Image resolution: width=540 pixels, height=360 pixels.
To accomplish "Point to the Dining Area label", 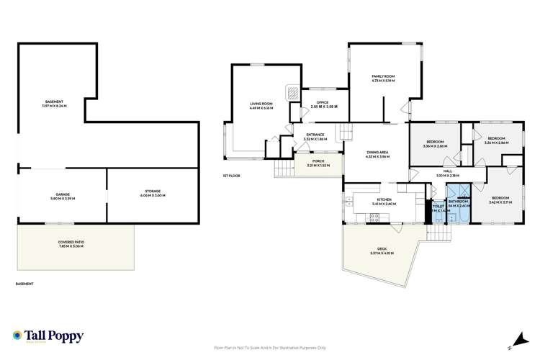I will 378,154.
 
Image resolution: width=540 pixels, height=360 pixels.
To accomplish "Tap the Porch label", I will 318,162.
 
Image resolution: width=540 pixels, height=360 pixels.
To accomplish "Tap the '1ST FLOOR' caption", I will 232,176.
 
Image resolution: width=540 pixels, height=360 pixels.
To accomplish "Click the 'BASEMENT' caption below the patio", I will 24,284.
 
